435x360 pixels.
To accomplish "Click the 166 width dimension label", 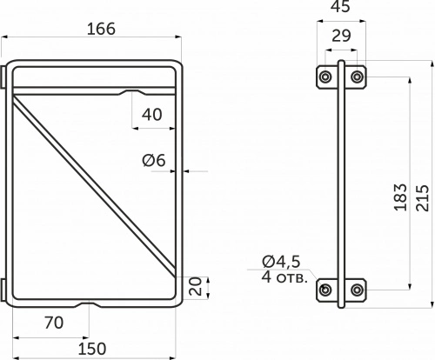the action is coord(101,29).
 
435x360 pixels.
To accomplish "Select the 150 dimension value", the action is coord(92,349).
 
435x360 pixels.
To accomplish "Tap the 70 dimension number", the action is coord(54,323).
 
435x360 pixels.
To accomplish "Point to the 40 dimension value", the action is coord(152,115).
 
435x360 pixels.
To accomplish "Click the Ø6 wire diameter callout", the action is coord(154,160).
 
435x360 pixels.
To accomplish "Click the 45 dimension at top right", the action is coord(340,6).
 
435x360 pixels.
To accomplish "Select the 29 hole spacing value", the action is coord(341,36).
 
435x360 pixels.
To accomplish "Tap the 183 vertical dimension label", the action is coord(400,197).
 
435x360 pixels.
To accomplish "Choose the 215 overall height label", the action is coord(422,198).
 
